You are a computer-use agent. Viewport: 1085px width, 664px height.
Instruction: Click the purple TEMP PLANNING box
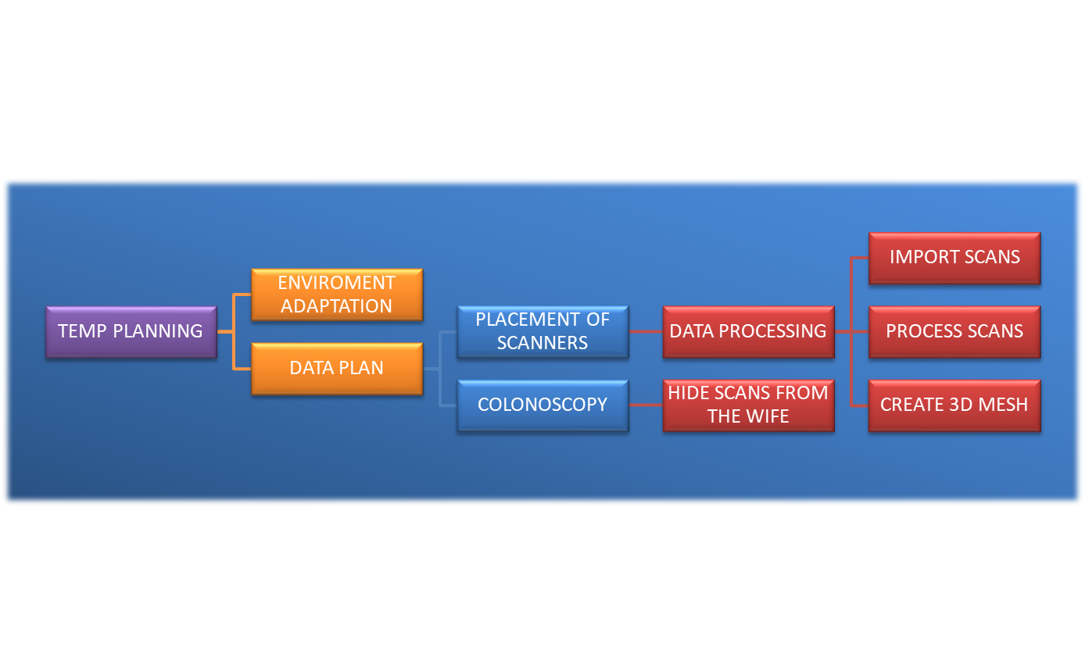pyautogui.click(x=131, y=331)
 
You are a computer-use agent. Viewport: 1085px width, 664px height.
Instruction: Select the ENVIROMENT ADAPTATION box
pyautogui.click(x=337, y=295)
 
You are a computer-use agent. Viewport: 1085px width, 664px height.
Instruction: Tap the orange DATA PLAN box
pyautogui.click(x=337, y=368)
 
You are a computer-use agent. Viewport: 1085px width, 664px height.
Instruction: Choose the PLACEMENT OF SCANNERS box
pyautogui.click(x=542, y=331)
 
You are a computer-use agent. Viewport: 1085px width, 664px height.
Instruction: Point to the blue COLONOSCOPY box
pyautogui.click(x=542, y=405)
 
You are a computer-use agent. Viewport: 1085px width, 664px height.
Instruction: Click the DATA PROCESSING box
pyautogui.click(x=748, y=331)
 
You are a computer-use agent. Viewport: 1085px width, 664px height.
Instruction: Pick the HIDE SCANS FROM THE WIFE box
pyautogui.click(x=748, y=405)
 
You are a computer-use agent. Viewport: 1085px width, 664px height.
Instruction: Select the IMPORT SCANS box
pyautogui.click(x=954, y=258)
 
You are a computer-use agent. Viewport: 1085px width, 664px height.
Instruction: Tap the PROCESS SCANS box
pyautogui.click(x=954, y=331)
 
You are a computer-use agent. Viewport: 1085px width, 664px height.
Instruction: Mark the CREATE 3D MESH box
pyautogui.click(x=954, y=405)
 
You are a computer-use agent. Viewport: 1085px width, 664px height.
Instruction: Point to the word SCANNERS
pyautogui.click(x=542, y=343)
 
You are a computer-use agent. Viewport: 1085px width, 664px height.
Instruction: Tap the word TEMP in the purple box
pyautogui.click(x=83, y=331)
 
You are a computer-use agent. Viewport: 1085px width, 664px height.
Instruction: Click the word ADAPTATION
pyautogui.click(x=337, y=306)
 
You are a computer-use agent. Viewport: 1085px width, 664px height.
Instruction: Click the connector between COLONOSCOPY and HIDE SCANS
pyautogui.click(x=646, y=405)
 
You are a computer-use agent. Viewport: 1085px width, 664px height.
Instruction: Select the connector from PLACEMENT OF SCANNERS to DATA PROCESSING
pyautogui.click(x=646, y=331)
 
